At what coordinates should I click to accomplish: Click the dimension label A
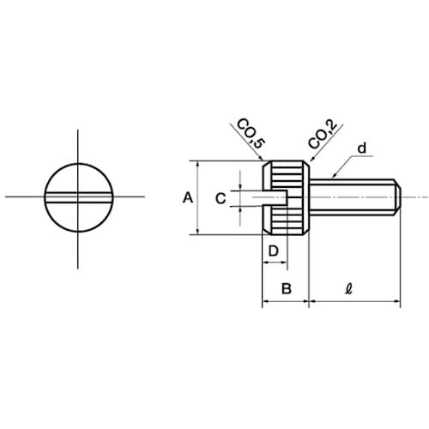pos(187,198)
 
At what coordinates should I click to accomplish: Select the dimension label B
pos(287,289)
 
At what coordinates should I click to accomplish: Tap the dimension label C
pos(221,198)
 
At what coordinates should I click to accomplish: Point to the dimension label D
pos(274,251)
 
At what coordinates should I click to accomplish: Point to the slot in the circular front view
pos(78,197)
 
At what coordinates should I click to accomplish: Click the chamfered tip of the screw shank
pos(398,197)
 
